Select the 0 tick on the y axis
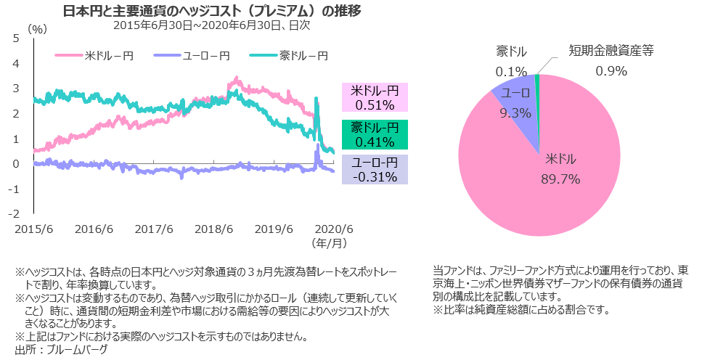pos(16,164)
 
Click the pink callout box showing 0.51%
pos(375,98)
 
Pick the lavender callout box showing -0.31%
pos(375,170)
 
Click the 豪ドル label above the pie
pos(512,52)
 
